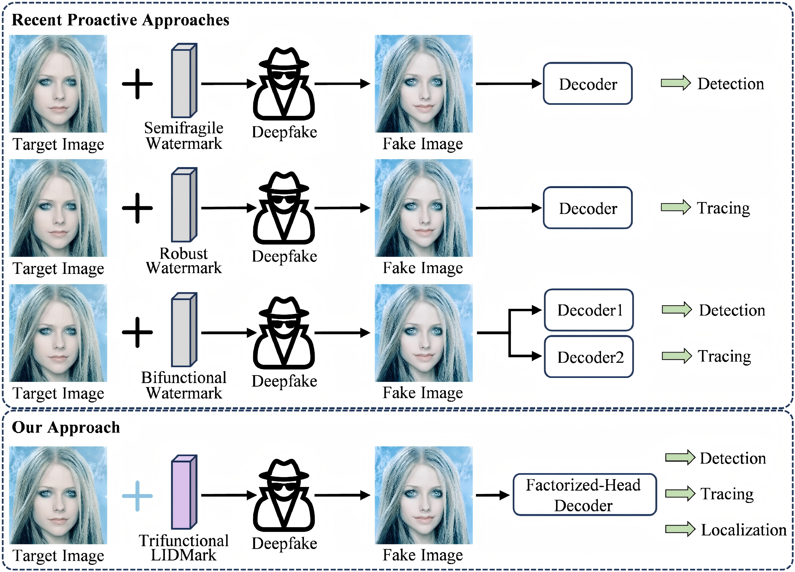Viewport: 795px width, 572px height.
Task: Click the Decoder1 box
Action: [588, 310]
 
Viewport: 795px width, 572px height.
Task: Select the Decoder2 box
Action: [588, 357]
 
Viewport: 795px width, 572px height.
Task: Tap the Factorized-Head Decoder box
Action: [584, 495]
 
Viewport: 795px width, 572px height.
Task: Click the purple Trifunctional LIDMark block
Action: [184, 492]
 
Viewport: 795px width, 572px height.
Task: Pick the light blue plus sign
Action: [137, 496]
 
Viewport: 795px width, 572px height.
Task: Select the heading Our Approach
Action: [66, 427]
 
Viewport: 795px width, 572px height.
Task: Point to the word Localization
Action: [744, 530]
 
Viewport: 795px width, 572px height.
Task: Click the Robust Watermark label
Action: [184, 260]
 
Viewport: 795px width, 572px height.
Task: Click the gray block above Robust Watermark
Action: [184, 205]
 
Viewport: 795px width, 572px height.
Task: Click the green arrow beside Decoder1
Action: [676, 310]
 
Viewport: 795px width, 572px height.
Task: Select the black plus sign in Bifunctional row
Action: [137, 332]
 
